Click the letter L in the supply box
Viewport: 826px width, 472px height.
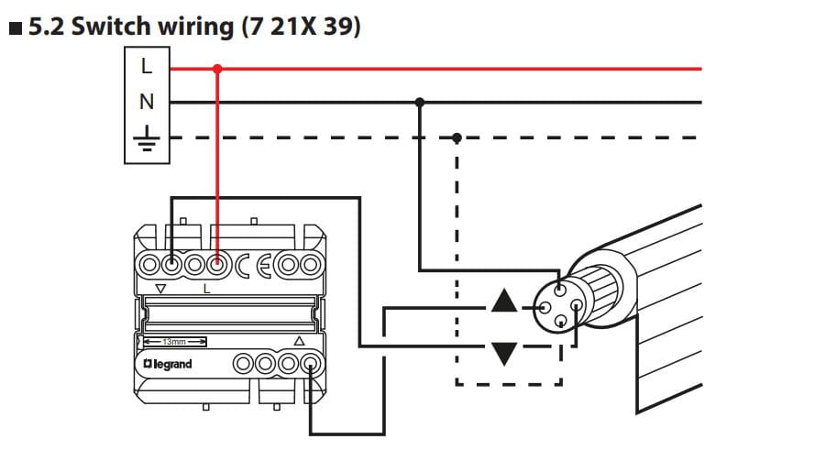147,66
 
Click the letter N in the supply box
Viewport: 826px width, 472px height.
147,102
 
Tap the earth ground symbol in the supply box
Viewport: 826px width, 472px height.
147,137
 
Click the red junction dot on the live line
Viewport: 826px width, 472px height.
217,68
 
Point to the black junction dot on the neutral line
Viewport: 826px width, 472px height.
420,102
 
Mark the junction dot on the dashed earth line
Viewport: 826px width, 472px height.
457,137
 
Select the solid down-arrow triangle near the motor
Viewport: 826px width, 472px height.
504,353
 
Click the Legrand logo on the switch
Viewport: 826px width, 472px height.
167,365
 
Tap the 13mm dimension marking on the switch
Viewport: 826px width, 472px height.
172,341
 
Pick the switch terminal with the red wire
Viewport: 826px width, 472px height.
216,266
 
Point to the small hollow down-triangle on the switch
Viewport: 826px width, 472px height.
161,289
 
